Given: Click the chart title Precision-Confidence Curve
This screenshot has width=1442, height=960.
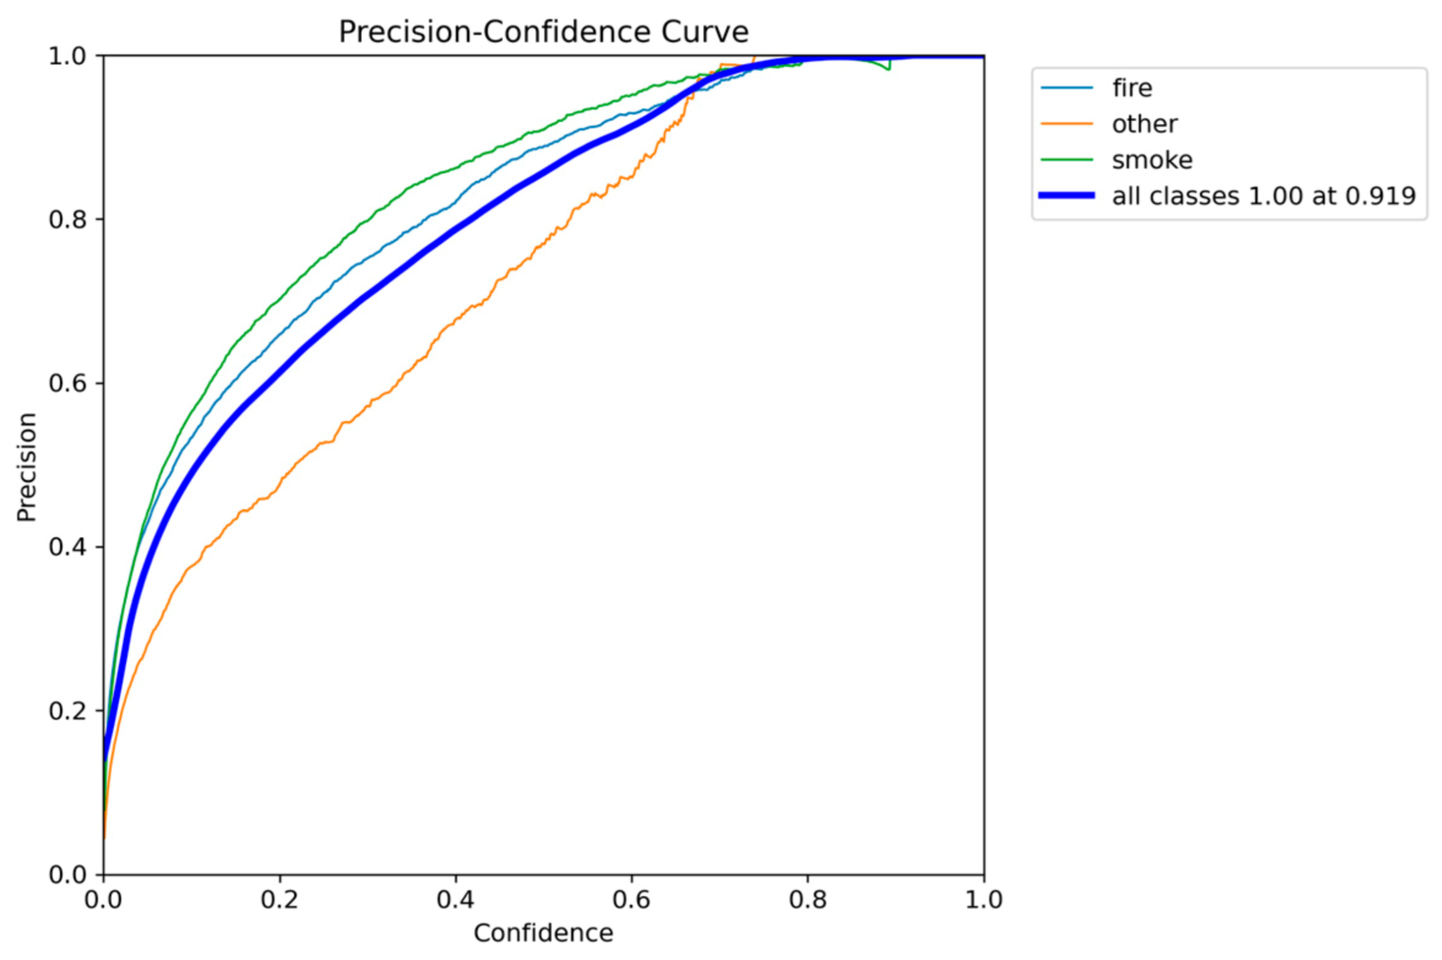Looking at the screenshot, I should tap(543, 32).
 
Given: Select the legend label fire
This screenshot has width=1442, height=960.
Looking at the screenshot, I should tap(1132, 88).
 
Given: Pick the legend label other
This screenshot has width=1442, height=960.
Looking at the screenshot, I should tap(1144, 124).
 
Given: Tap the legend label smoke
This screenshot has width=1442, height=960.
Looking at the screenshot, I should tap(1152, 160).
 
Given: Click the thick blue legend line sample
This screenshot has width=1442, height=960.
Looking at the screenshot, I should tap(1066, 196).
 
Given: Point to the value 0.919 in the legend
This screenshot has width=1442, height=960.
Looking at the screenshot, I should tap(1380, 196).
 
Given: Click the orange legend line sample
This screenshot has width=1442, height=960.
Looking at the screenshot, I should tap(1066, 124).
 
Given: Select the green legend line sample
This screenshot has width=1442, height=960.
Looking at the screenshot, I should tap(1066, 160).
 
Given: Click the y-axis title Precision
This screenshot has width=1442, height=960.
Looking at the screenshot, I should tap(27, 467).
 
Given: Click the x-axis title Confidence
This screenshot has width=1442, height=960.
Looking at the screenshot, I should tap(543, 933).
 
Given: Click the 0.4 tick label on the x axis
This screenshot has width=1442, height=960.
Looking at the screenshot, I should tap(455, 900).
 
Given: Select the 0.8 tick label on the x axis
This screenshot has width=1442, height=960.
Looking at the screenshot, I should tap(807, 900).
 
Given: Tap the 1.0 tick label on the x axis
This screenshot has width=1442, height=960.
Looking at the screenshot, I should tap(983, 900).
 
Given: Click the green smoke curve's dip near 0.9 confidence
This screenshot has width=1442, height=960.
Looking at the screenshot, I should tap(888, 69).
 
